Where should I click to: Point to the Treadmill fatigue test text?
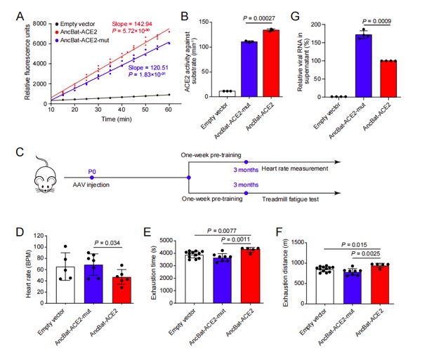[x=287, y=201]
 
